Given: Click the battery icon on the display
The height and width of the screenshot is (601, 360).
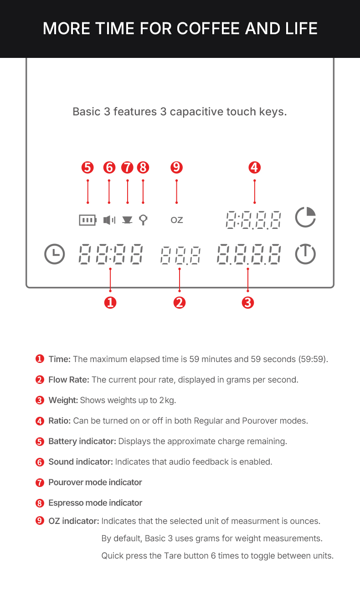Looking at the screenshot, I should pyautogui.click(x=87, y=220).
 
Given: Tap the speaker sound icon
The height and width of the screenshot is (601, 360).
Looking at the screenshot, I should pyautogui.click(x=109, y=220).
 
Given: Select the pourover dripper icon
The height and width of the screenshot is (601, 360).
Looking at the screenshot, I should pyautogui.click(x=128, y=220).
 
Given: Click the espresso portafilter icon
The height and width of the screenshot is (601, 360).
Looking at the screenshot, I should pyautogui.click(x=143, y=220).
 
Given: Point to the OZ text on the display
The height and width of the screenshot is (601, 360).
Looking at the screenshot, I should pyautogui.click(x=177, y=220).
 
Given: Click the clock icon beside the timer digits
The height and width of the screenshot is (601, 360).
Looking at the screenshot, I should pyautogui.click(x=55, y=254).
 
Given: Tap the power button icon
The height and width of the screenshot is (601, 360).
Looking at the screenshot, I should pyautogui.click(x=305, y=254).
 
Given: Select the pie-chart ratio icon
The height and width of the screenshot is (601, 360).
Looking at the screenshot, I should pyautogui.click(x=305, y=218).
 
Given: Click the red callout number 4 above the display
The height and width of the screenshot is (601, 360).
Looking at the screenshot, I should pyautogui.click(x=254, y=167).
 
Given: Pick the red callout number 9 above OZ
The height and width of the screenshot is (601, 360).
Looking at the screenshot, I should pyautogui.click(x=176, y=167).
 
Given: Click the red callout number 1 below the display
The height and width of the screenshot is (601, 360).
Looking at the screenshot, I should pyautogui.click(x=110, y=302).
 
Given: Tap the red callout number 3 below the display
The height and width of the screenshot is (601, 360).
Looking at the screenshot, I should pyautogui.click(x=247, y=302).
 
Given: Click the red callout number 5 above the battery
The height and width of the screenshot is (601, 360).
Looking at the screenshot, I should pyautogui.click(x=87, y=167).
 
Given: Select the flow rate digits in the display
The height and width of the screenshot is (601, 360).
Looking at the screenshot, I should pyautogui.click(x=180, y=255).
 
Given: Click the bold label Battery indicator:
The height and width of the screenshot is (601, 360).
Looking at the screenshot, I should pyautogui.click(x=82, y=441).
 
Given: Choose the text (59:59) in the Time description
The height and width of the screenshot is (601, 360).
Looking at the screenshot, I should pyautogui.click(x=313, y=359).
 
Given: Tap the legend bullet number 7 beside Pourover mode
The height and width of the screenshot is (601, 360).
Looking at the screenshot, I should pyautogui.click(x=40, y=482).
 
